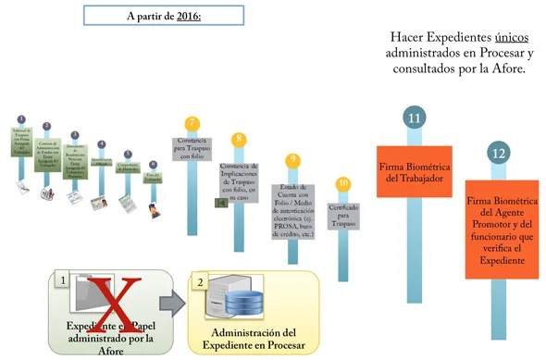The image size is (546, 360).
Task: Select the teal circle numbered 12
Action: tap(500, 153)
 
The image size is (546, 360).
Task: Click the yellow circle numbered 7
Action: tap(192, 123)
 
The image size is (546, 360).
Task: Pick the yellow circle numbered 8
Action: tap(239, 139)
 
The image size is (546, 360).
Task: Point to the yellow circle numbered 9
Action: tap(292, 160)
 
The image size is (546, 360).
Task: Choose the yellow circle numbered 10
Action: tap(343, 183)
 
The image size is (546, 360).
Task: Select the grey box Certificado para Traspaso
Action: tap(343, 216)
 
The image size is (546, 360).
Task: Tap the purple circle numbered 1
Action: tap(21, 119)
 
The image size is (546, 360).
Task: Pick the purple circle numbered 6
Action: tap(153, 164)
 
